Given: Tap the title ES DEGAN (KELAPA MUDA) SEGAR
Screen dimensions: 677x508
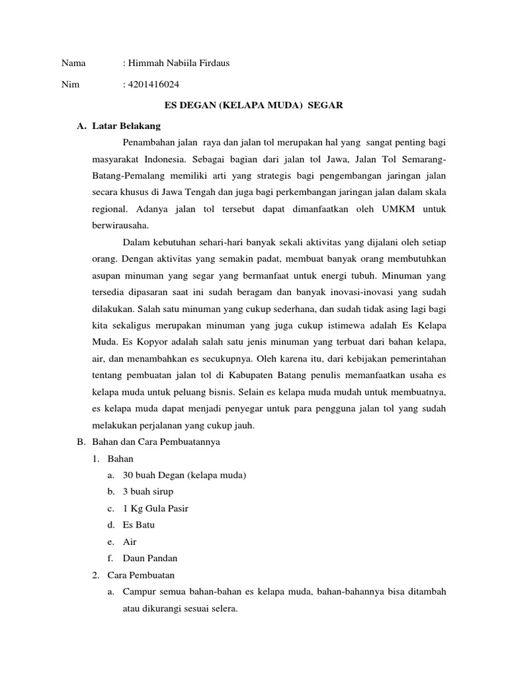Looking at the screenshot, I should (x=253, y=106).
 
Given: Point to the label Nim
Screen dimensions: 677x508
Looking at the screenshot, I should (x=69, y=85).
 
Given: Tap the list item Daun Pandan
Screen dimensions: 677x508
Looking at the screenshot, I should (x=150, y=559).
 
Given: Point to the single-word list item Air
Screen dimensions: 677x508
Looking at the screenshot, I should (x=130, y=542).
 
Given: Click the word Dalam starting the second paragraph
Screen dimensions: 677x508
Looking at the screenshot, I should (x=137, y=242).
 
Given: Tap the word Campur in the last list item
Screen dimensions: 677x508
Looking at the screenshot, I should (x=138, y=592).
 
